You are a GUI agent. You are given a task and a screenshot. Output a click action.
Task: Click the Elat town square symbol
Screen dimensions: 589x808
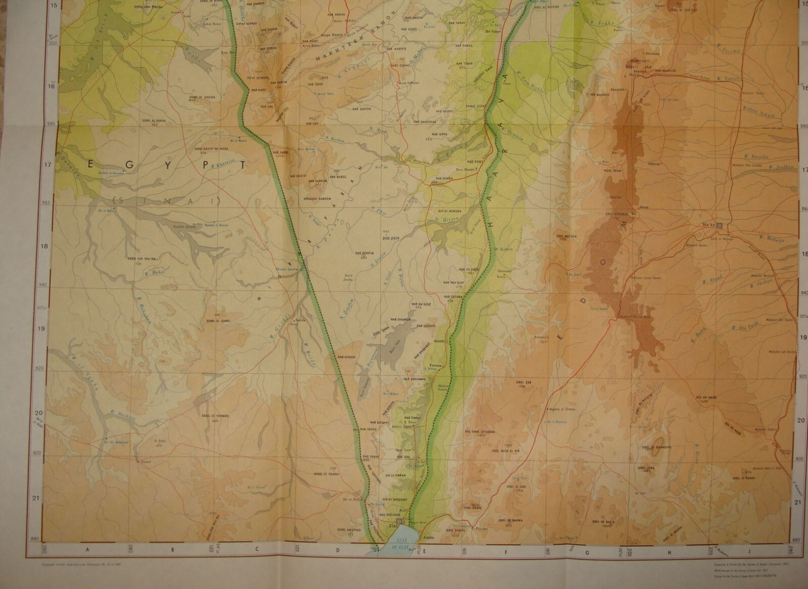(x=398, y=522)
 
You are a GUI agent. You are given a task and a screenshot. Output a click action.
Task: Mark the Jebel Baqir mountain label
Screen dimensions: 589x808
(x=473, y=507)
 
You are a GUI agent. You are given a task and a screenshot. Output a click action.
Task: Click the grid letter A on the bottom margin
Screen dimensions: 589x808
(x=88, y=549)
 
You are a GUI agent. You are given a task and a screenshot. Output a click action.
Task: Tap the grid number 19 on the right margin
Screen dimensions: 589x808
(x=804, y=337)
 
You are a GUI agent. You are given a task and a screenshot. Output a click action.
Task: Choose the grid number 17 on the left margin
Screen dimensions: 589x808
(x=36, y=165)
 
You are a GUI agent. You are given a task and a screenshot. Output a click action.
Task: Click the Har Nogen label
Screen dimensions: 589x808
(x=346, y=356)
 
